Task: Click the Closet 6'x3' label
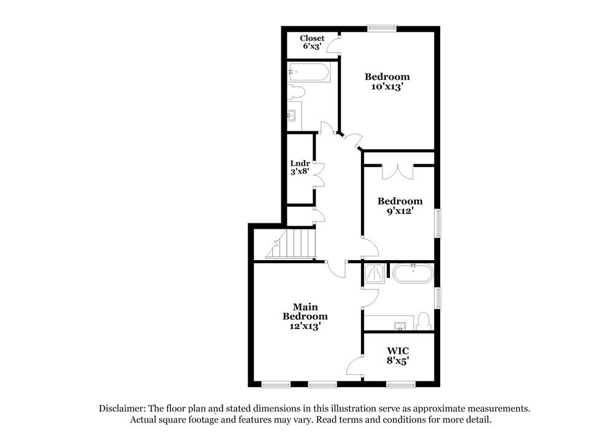312,42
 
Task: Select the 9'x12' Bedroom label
400,206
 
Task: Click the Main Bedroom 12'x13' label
305,317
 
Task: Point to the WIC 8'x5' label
397,356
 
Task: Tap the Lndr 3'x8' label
299,167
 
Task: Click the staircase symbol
291,243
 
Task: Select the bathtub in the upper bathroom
310,73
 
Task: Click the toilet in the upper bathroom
296,93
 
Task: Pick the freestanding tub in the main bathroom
413,273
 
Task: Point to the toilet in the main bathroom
423,321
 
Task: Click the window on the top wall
381,28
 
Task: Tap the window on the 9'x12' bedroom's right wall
438,223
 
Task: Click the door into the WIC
356,367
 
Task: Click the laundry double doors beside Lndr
318,174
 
